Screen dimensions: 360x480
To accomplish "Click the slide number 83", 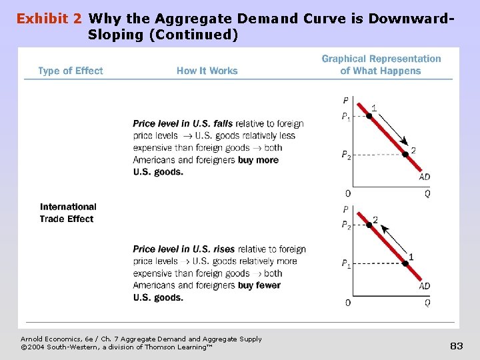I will pyautogui.click(x=456, y=345).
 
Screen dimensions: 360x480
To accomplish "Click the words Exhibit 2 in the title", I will pyautogui.click(x=50, y=19).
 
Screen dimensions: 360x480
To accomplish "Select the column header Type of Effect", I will pyautogui.click(x=71, y=71).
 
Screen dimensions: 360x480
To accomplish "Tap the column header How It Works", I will pyautogui.click(x=207, y=71).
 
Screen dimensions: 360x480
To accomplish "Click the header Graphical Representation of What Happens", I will pyautogui.click(x=381, y=65).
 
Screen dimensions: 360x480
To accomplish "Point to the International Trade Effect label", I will pyautogui.click(x=68, y=213).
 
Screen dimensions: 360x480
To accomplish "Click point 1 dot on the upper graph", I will pyautogui.click(x=368, y=116).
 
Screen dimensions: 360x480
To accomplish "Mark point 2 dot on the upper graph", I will pyautogui.click(x=405, y=154).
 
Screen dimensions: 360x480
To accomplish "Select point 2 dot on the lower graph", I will pyautogui.click(x=368, y=225).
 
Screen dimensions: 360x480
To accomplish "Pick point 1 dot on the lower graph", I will pyautogui.click(x=405, y=263).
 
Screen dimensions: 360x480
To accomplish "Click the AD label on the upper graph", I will pyautogui.click(x=425, y=177).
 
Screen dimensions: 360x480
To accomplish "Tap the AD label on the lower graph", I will pyautogui.click(x=425, y=286).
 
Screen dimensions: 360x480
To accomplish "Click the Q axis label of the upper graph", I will pyautogui.click(x=427, y=193).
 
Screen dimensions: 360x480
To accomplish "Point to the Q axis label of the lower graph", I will pyautogui.click(x=427, y=303).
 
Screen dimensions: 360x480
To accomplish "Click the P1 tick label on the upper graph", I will pyautogui.click(x=346, y=117).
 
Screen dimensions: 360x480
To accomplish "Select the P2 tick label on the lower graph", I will pyautogui.click(x=346, y=226).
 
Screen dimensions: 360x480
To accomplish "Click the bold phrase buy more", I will pyautogui.click(x=258, y=160).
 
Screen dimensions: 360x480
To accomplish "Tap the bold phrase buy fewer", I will pyautogui.click(x=259, y=285).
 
